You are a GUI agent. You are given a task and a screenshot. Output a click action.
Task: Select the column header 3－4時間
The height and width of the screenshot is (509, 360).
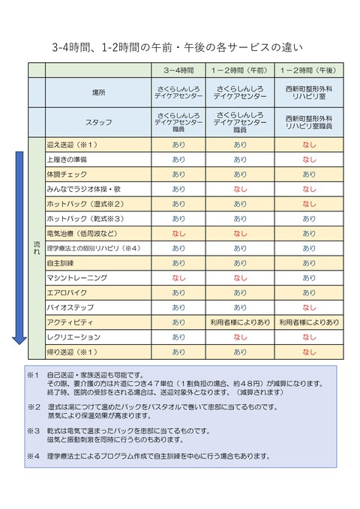178,70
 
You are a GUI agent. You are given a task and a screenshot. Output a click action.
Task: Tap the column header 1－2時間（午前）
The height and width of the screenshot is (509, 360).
240,70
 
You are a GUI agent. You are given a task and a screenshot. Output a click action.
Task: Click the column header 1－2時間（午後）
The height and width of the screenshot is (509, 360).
308,70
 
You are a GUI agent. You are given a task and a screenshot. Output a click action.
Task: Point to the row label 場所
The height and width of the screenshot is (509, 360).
99,92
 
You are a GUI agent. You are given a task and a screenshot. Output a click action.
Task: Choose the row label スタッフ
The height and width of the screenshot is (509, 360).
99,122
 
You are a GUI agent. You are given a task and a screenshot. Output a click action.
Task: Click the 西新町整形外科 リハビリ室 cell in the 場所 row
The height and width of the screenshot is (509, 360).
308,92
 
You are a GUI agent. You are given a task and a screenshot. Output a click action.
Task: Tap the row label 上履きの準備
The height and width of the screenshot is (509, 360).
67,159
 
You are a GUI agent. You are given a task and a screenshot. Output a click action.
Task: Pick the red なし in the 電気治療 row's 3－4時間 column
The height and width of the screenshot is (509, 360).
178,233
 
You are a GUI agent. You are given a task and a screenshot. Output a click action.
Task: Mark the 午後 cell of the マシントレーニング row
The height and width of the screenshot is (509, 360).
308,277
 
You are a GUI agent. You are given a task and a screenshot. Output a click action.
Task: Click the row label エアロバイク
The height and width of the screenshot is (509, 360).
65,292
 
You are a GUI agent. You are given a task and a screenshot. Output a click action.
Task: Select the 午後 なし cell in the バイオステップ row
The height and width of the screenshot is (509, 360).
308,307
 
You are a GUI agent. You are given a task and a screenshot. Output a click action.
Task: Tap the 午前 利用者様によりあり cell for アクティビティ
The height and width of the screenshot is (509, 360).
240,322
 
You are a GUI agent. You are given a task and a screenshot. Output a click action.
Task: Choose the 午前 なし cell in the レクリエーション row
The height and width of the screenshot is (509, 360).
240,337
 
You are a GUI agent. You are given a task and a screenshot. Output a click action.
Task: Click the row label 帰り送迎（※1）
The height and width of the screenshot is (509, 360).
72,352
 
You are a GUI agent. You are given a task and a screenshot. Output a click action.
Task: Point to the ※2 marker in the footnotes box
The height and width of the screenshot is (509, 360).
32,407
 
